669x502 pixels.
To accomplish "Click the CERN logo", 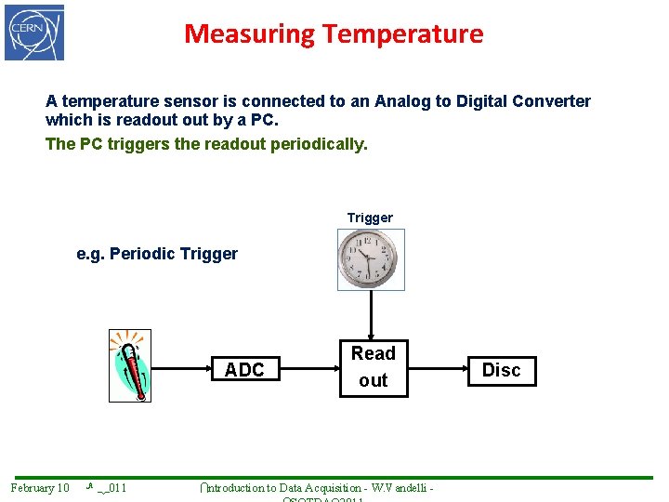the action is [34, 33].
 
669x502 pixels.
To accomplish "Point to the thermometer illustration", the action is [129, 365].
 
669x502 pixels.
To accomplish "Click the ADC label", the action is [244, 370].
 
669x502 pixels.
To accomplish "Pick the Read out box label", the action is [373, 366].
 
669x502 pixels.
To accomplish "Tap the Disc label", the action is [501, 370].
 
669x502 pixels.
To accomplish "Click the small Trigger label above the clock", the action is [370, 218].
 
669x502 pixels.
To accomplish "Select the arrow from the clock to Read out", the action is [371, 314].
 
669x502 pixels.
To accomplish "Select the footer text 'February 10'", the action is [40, 488].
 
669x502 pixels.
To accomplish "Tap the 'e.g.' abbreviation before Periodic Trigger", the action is [90, 254].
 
